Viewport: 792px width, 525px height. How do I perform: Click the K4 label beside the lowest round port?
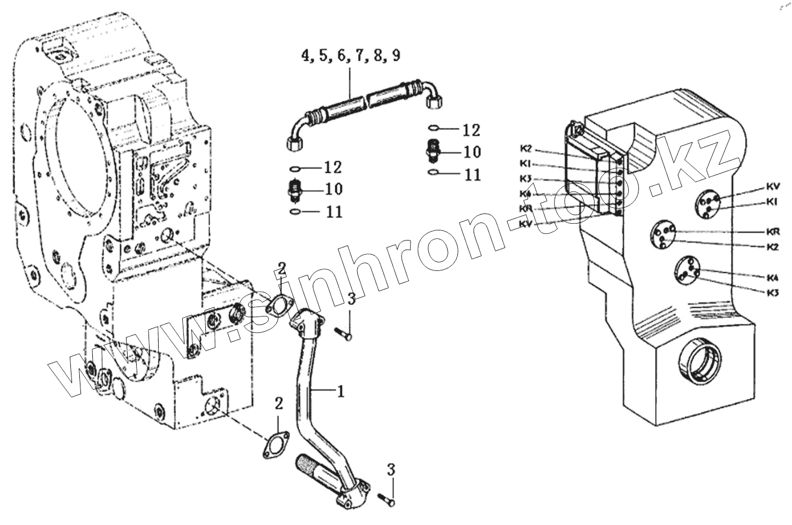(x=772, y=278)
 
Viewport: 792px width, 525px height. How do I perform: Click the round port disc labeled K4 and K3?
(x=687, y=270)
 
